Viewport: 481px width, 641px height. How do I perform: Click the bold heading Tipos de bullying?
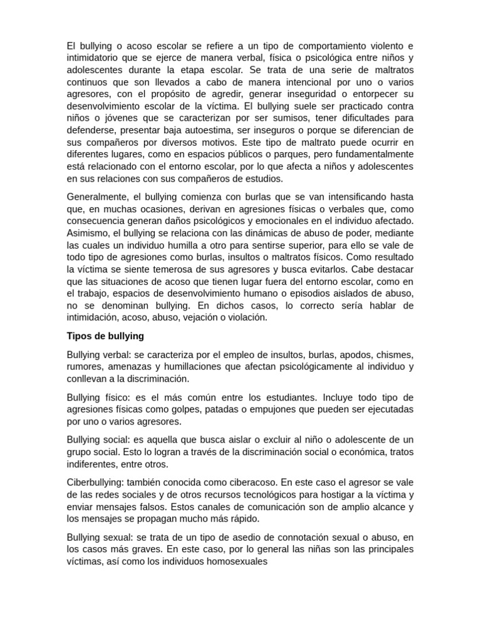[105, 336]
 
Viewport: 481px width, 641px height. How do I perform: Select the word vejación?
[200, 317]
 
